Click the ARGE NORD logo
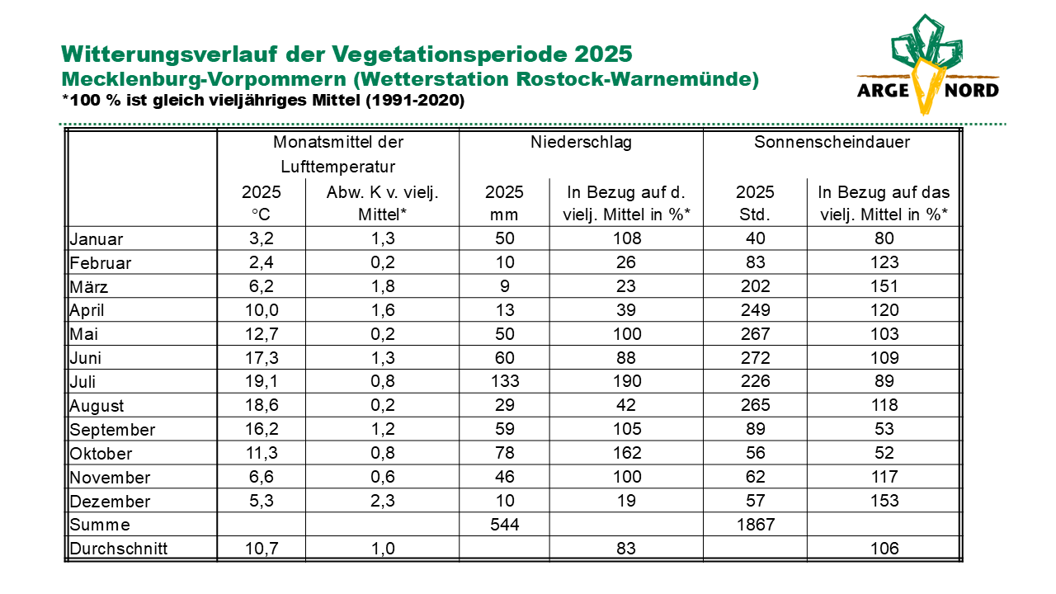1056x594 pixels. (928, 64)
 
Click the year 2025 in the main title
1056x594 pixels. (603, 54)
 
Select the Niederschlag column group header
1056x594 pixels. (581, 142)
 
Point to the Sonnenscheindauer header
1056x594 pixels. (832, 142)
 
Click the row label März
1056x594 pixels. (88, 286)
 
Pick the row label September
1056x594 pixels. (112, 430)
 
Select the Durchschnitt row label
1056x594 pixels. (118, 549)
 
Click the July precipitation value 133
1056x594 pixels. (504, 381)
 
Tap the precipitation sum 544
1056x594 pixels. (504, 524)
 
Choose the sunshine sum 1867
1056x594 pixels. (755, 524)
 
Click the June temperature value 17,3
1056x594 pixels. (262, 358)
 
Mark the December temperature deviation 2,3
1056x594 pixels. (382, 501)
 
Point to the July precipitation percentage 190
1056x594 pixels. (626, 381)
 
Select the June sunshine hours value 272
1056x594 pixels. (755, 358)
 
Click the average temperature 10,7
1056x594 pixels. (262, 549)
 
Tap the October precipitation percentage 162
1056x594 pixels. (626, 453)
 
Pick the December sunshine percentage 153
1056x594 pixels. (884, 501)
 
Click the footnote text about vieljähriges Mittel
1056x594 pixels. (263, 101)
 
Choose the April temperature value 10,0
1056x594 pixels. (262, 310)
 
